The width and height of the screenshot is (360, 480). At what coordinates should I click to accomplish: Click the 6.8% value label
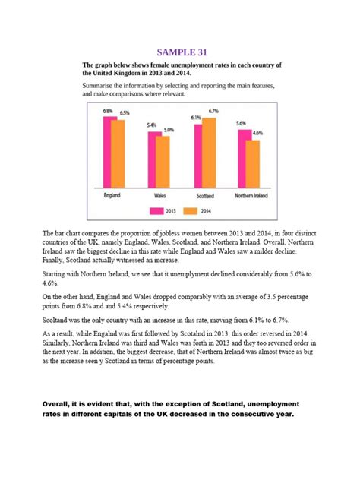(x=108, y=111)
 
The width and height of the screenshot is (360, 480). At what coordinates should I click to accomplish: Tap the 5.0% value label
(x=169, y=130)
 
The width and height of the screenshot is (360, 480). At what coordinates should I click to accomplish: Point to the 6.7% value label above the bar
(x=213, y=111)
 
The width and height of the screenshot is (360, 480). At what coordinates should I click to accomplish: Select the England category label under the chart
(x=113, y=195)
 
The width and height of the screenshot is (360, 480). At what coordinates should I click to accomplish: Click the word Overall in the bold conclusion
(x=59, y=403)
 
